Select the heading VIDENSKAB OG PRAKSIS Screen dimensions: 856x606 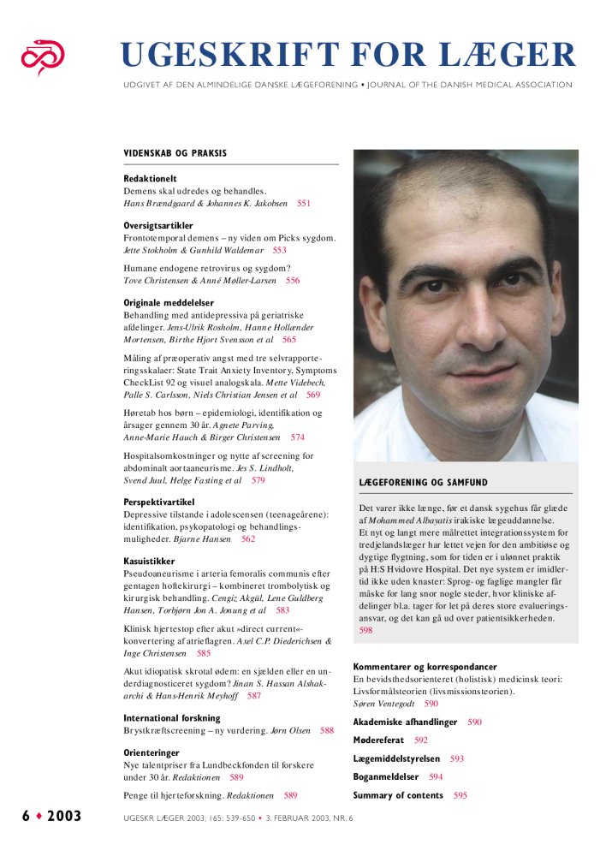(175, 153)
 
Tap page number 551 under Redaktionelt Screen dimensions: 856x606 (304, 204)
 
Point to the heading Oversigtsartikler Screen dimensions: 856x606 (158, 226)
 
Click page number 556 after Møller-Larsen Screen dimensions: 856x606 (293, 280)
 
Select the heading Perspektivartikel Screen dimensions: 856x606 (159, 502)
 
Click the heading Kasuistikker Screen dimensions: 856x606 (150, 561)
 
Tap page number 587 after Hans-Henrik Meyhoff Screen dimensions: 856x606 (254, 696)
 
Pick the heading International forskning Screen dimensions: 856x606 (172, 718)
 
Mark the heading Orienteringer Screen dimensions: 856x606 (151, 753)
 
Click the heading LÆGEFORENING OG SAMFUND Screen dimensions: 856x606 (424, 483)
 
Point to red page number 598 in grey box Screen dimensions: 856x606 (365, 630)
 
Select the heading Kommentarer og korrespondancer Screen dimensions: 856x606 (425, 666)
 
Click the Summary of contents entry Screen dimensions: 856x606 (398, 795)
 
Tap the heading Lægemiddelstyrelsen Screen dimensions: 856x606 (396, 758)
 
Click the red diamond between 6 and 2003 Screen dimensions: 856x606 (39, 816)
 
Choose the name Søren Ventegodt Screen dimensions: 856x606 (383, 703)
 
